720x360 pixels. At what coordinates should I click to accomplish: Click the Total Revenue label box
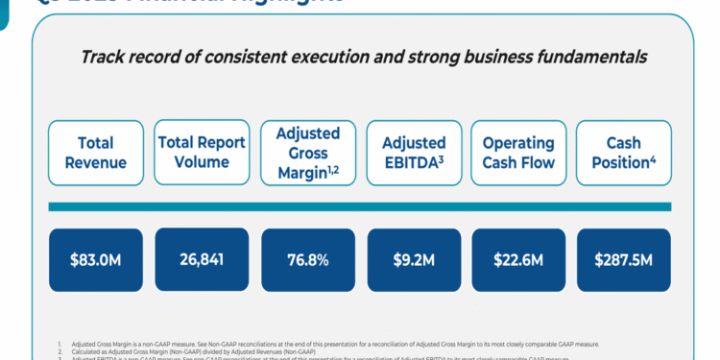tap(95, 153)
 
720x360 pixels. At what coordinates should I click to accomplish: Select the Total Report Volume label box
tap(202, 153)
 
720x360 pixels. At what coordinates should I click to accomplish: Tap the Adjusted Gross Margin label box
tap(307, 153)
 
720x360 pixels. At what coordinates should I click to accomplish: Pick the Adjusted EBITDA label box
tap(414, 153)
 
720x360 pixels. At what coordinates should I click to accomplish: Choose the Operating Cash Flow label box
tap(518, 153)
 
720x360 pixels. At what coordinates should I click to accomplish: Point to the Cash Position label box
tap(623, 153)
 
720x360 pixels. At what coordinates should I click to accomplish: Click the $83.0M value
tap(95, 259)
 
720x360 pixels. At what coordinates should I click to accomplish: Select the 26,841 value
tap(202, 259)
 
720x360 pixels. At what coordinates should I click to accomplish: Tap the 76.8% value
tap(307, 259)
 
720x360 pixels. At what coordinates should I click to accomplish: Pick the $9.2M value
tap(414, 259)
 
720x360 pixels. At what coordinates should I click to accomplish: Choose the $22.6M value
tap(518, 259)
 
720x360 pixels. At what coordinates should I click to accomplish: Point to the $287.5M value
tap(623, 259)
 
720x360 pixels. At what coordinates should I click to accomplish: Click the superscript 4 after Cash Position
tap(653, 157)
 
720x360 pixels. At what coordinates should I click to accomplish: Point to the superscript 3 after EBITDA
tap(441, 157)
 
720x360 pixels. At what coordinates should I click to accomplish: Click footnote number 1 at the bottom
tap(59, 342)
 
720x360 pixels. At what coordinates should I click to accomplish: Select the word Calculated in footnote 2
tap(92, 350)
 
